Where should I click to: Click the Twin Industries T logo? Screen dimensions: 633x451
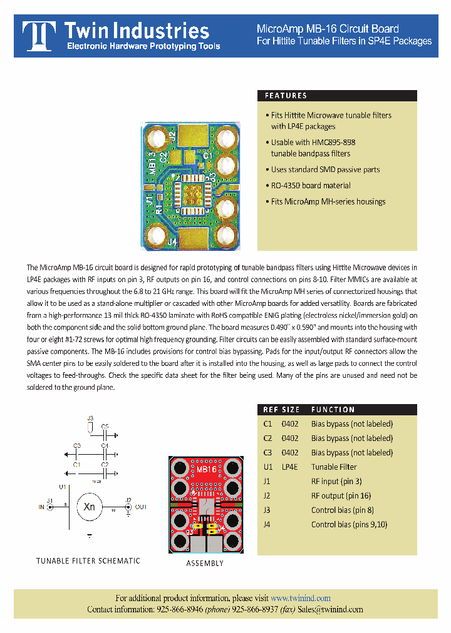click(38, 36)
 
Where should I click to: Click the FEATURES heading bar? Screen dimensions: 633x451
click(337, 96)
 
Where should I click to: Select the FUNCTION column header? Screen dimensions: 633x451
click(333, 410)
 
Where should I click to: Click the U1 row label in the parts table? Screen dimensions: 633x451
click(268, 467)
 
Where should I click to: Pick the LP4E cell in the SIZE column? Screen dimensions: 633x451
click(289, 467)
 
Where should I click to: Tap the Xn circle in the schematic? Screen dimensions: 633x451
click(90, 507)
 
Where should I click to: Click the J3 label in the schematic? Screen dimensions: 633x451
click(90, 418)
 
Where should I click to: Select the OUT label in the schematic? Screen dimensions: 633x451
click(140, 507)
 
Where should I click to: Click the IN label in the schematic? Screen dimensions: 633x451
click(42, 507)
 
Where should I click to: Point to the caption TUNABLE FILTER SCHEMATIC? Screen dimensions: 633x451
click(88, 561)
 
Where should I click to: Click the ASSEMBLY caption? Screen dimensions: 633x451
click(205, 564)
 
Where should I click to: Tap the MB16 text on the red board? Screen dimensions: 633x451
click(206, 469)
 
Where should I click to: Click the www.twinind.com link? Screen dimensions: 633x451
click(301, 598)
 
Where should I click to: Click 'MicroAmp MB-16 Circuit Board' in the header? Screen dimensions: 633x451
click(328, 29)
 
